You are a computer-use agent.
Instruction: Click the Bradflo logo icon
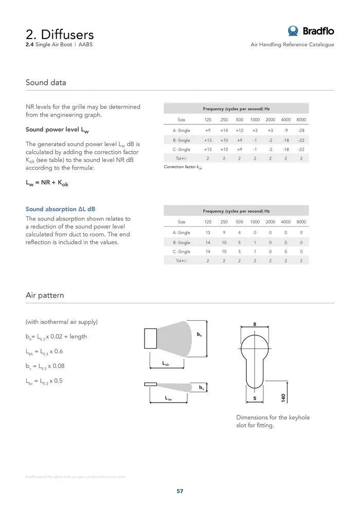click(x=293, y=31)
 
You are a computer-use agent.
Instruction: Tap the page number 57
click(x=180, y=491)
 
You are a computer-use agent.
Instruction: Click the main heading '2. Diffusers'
click(x=60, y=34)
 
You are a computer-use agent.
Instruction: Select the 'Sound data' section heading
click(x=46, y=82)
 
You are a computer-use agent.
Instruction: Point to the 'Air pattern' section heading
click(x=45, y=295)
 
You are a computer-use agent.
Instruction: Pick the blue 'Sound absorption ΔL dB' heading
click(x=60, y=209)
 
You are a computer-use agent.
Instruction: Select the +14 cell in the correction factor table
click(x=224, y=131)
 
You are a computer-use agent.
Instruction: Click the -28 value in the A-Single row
click(x=301, y=131)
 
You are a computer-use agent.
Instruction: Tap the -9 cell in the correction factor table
click(x=285, y=131)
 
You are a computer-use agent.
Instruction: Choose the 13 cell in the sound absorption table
click(x=208, y=232)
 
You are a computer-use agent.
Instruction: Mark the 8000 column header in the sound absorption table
click(x=301, y=222)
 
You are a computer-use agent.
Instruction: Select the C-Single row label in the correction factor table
click(x=181, y=149)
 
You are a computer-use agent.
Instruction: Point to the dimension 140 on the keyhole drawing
click(x=283, y=397)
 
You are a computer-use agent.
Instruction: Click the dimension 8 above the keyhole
click(x=255, y=323)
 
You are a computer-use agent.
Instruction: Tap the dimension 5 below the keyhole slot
click(x=255, y=398)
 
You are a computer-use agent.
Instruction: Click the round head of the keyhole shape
click(x=255, y=344)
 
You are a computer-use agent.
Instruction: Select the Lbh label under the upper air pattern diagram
click(x=166, y=364)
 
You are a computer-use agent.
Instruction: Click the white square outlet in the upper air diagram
click(x=153, y=338)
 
